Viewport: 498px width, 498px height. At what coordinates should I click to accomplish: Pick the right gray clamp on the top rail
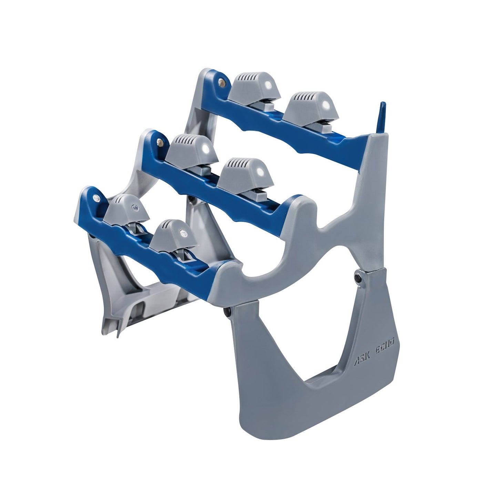coord(308,106)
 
